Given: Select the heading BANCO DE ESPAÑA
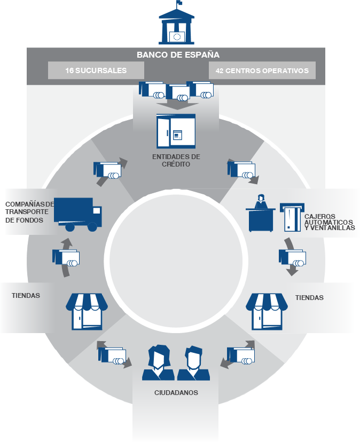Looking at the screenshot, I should point(178,54).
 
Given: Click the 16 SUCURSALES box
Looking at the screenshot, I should point(96,70).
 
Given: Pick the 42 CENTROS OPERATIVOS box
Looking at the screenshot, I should point(262,70).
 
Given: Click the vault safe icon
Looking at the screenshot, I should point(176,131).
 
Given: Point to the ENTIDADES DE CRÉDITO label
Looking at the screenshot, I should point(176,160).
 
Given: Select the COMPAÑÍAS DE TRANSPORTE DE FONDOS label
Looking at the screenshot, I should point(29,211).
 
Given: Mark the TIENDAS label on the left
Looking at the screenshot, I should point(26,295).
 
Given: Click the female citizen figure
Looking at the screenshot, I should point(159,363).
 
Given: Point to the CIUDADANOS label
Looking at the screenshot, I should point(176,392).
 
